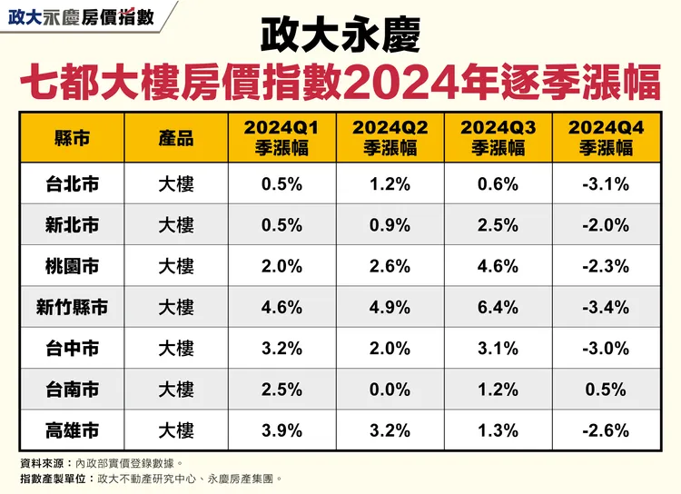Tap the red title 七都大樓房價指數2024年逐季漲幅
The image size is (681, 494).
[340, 82]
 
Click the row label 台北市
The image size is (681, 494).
[73, 185]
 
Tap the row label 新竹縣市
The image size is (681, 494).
[73, 307]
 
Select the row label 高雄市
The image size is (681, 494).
[73, 430]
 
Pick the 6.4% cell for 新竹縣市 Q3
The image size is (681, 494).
[498, 307]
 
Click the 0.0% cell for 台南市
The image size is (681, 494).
[390, 390]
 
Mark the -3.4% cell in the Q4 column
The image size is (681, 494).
[606, 307]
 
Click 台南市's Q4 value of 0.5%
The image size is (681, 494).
[606, 390]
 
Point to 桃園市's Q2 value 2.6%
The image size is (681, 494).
[390, 266]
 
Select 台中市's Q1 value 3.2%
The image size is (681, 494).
[281, 348]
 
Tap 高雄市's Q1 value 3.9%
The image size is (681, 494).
[281, 430]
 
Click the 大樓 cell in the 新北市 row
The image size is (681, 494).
[175, 225]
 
